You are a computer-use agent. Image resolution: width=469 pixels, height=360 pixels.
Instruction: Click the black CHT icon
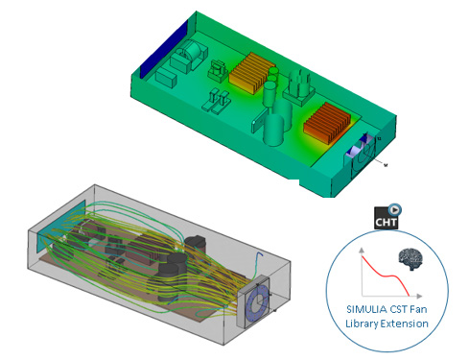[x=387, y=218]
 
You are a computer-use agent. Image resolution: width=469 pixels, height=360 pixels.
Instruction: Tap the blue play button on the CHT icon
[x=395, y=209]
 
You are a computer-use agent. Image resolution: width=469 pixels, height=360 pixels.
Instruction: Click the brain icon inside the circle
[x=410, y=259]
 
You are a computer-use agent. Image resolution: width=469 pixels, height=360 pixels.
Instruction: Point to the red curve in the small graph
[x=385, y=273]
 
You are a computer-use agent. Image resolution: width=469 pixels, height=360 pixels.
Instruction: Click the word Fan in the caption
[x=418, y=309]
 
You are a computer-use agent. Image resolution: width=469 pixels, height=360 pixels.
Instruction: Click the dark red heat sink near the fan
[x=327, y=122]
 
